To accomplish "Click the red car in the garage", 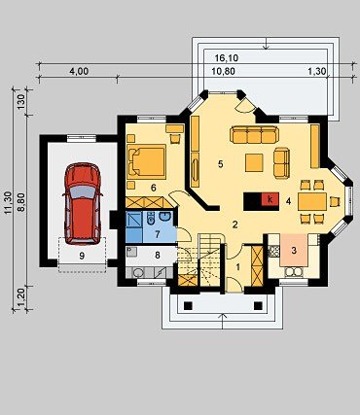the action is [x=83, y=203].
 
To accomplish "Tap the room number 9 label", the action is [x=82, y=256].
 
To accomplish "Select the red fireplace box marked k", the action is [x=270, y=199].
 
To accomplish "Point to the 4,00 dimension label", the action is [x=79, y=71].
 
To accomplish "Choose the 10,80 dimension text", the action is [x=223, y=71].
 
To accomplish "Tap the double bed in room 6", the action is [x=146, y=161].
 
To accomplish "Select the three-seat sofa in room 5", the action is [x=254, y=135].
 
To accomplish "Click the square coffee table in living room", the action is [x=254, y=162].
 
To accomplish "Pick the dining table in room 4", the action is [x=312, y=202].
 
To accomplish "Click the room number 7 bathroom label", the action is [x=158, y=234].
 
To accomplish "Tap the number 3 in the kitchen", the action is [x=294, y=250].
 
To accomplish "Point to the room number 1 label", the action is [x=237, y=267].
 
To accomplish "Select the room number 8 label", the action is [x=158, y=256].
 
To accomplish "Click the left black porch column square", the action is [x=188, y=305].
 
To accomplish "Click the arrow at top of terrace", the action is [x=266, y=44].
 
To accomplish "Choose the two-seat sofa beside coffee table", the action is [x=281, y=162].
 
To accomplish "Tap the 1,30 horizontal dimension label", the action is [x=316, y=71].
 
